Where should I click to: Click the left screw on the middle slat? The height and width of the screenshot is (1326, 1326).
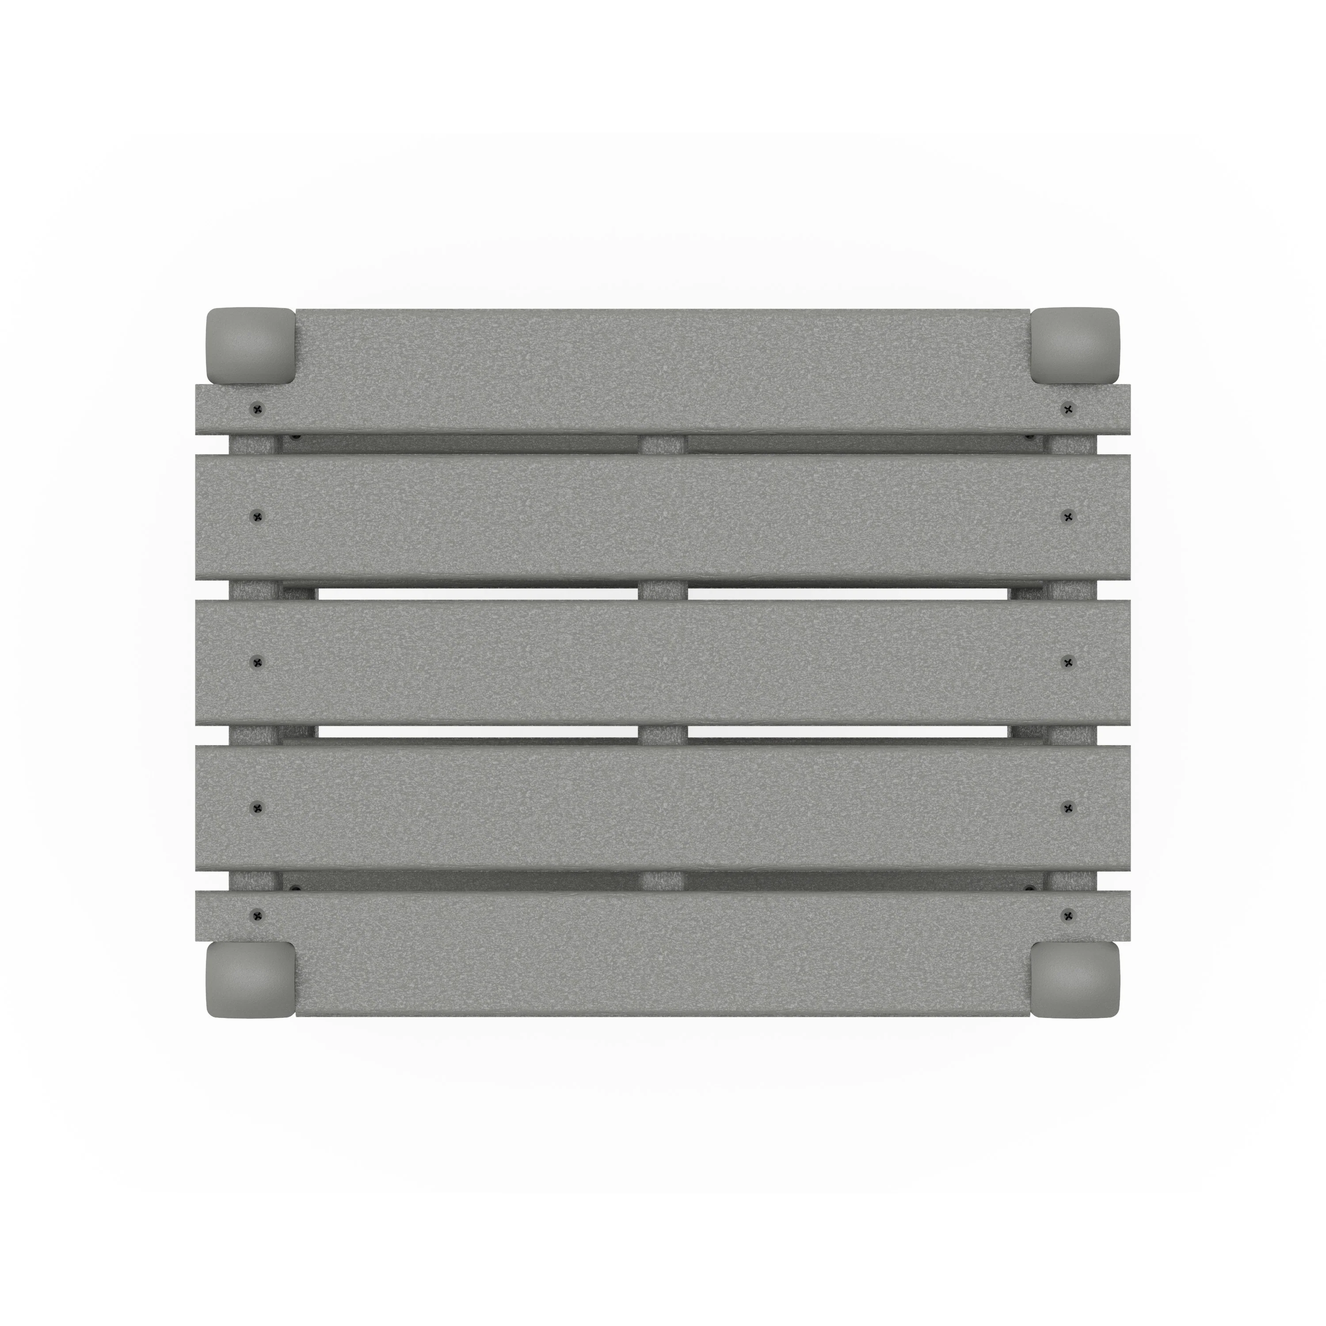(257, 662)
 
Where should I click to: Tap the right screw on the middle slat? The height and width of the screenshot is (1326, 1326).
(1067, 662)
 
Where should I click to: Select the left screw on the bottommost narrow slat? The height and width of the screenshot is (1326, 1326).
(257, 915)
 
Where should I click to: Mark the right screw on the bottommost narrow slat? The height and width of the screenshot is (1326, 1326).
(1067, 915)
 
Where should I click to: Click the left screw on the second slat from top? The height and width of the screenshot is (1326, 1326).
(257, 516)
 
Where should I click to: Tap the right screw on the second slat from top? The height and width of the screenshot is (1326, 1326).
(1067, 516)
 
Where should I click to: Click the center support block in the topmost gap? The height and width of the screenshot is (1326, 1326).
(662, 444)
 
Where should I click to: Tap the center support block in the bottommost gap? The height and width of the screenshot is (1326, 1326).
(662, 880)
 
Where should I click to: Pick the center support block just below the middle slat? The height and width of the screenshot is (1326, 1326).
(662, 735)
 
